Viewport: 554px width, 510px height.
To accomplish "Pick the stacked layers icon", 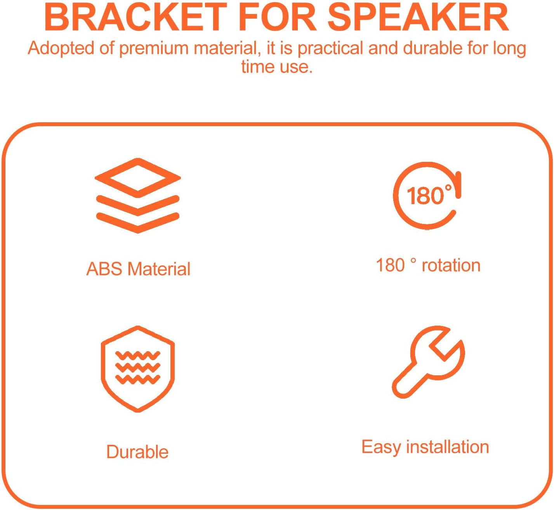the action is pos(138,196).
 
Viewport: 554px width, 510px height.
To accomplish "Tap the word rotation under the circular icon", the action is pos(451,265).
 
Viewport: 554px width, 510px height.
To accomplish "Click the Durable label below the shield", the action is pos(137,452).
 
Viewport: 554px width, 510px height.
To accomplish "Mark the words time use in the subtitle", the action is pos(277,67).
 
